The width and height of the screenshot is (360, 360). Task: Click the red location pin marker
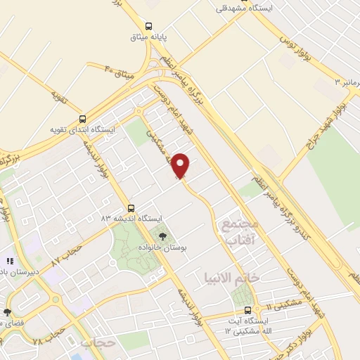click(181, 165)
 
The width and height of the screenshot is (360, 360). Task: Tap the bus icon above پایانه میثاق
click(148, 26)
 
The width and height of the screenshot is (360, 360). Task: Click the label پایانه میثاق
click(148, 38)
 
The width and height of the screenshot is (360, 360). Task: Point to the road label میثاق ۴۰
click(119, 70)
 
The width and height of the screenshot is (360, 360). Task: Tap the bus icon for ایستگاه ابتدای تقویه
click(84, 118)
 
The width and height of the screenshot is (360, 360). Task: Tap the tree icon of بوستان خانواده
click(163, 236)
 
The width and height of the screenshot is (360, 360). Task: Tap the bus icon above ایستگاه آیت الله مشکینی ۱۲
click(247, 311)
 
